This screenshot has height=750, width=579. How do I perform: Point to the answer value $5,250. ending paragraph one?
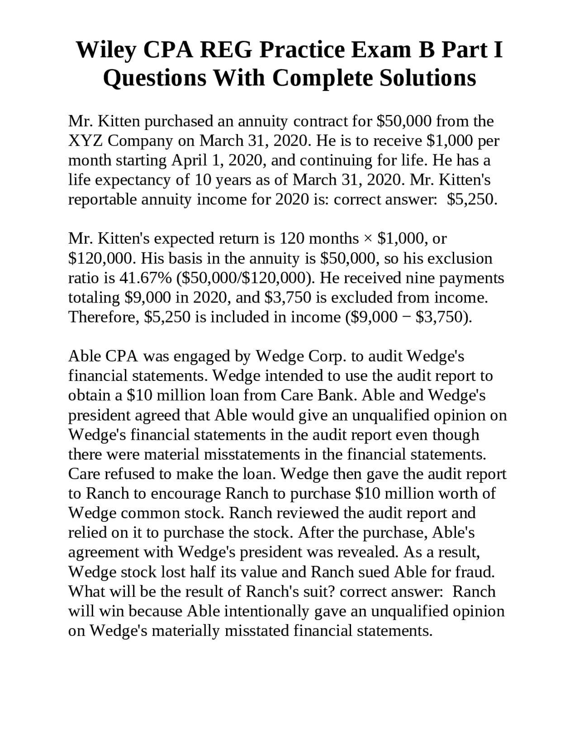472,199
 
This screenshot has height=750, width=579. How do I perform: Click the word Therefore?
104,317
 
